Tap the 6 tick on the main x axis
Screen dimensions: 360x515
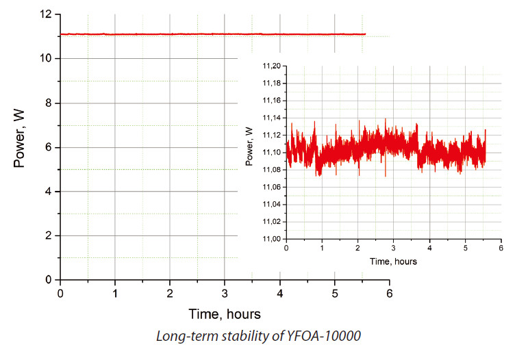pos(390,294)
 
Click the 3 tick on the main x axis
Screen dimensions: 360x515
pos(225,294)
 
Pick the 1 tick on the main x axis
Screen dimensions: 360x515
pos(115,294)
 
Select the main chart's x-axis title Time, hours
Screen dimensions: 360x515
pos(225,314)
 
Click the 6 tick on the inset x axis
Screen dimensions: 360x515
pos(501,248)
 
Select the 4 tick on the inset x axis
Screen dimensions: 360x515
pos(429,248)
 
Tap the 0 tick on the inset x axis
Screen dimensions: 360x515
pos(286,248)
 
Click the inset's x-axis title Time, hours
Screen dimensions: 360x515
pos(393,261)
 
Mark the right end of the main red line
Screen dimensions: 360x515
pos(365,34)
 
